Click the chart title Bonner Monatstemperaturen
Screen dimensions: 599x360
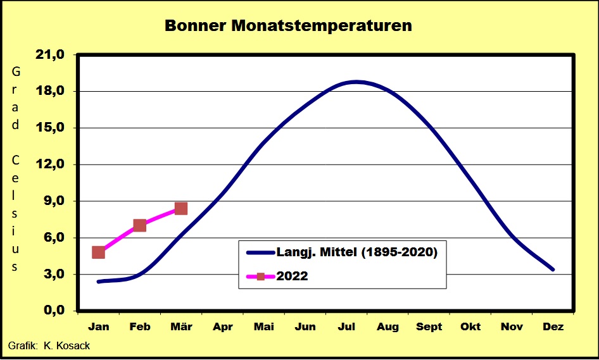tap(289, 25)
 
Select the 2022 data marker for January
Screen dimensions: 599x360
tap(99, 252)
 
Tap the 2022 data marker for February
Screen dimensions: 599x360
tap(140, 225)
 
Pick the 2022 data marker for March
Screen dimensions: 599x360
tap(180, 208)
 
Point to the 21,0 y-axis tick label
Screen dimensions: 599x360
tap(50, 55)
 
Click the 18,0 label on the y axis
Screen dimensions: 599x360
tap(50, 91)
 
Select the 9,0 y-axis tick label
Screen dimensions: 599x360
tap(54, 201)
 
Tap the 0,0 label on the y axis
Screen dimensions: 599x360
tap(54, 310)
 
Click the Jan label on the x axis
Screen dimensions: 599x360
tap(99, 327)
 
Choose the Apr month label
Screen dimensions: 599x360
tap(223, 327)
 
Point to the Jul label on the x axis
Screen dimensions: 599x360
tap(346, 327)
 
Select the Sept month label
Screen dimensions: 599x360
tap(429, 327)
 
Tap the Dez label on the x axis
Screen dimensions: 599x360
tap(553, 327)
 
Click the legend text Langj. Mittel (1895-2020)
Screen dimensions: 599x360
tap(356, 252)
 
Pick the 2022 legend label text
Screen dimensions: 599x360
tap(292, 276)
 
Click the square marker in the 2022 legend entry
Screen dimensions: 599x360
tap(261, 276)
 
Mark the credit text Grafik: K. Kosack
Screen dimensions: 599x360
tap(49, 346)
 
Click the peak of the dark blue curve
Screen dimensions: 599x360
tap(356, 82)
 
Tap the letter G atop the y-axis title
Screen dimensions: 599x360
tap(16, 71)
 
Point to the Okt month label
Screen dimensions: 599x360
tap(470, 327)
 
